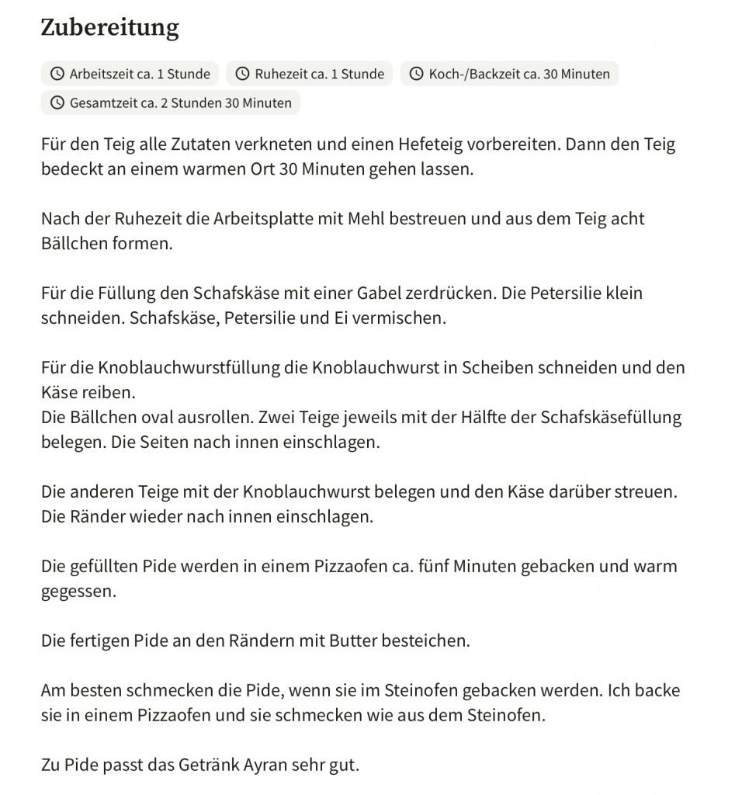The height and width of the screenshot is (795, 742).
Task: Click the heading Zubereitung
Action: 109,28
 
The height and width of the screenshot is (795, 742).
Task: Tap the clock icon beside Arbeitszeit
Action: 57,75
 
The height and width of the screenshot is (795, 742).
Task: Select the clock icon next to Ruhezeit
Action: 243,75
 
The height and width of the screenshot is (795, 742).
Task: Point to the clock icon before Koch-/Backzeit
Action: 417,75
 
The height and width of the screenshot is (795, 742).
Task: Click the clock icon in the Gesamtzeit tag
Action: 57,103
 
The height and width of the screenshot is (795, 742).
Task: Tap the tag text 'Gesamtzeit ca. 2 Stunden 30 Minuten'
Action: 181,103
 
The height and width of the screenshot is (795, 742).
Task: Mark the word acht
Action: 627,219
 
